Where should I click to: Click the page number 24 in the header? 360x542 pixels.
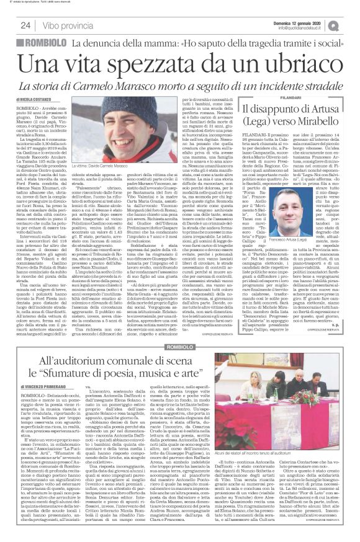pyautogui.click(x=27, y=25)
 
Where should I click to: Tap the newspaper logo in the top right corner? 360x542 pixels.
pyautogui.click(x=351, y=24)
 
